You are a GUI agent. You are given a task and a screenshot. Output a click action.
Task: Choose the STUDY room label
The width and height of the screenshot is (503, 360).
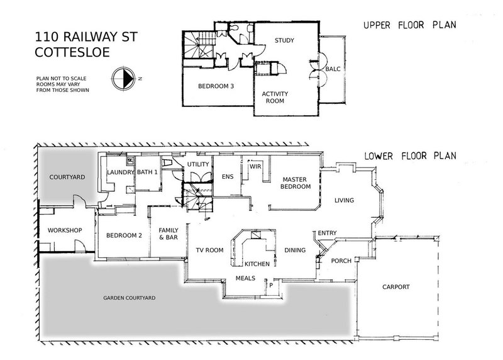pyautogui.click(x=284, y=41)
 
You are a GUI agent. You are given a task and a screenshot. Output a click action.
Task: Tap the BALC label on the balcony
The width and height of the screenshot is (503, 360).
pyautogui.click(x=333, y=70)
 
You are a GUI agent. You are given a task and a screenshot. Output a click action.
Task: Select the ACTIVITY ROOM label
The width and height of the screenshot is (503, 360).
pyautogui.click(x=275, y=97)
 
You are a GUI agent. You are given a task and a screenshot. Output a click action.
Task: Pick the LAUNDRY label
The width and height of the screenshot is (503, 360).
pyautogui.click(x=119, y=172)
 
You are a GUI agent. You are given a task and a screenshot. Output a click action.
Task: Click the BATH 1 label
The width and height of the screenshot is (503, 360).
pyautogui.click(x=147, y=172)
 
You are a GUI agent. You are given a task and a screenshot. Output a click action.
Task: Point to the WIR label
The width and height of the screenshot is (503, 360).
pyautogui.click(x=255, y=167)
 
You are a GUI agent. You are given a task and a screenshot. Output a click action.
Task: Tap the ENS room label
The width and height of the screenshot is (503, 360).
pyautogui.click(x=228, y=176)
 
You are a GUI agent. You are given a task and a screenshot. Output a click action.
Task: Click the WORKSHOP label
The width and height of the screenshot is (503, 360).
pyautogui.click(x=66, y=230)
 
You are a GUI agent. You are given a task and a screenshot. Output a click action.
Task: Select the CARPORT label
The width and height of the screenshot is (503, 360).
pyautogui.click(x=396, y=287)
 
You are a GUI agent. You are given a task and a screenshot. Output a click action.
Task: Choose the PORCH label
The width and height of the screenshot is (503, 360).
pyautogui.click(x=341, y=261)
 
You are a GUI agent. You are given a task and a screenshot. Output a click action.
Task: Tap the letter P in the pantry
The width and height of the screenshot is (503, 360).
pyautogui.click(x=271, y=284)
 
